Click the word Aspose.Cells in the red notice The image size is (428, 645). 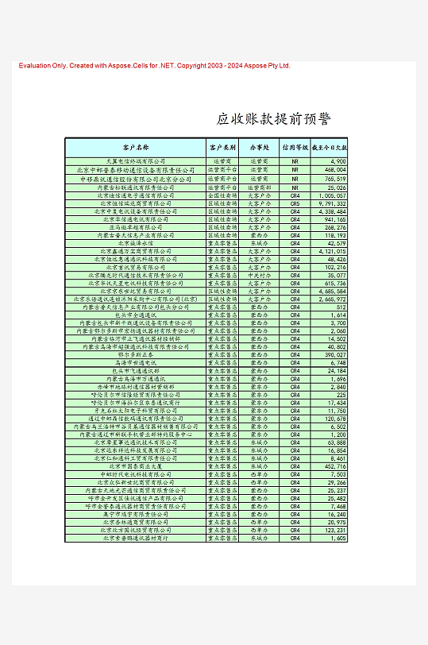click(153, 66)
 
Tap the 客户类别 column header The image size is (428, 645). click(222, 148)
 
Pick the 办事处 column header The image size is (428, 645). click(259, 148)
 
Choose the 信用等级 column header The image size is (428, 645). click(295, 148)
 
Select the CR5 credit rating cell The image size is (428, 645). click(295, 203)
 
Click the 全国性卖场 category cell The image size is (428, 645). click(222, 196)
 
